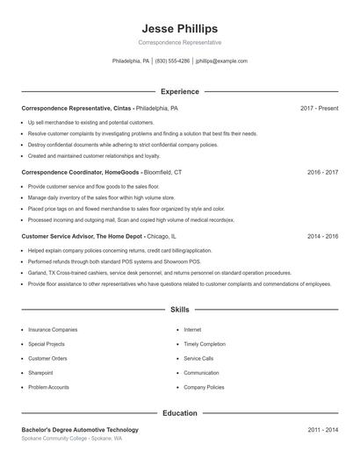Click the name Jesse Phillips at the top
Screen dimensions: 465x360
click(x=179, y=28)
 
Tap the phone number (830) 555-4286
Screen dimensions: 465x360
click(x=173, y=61)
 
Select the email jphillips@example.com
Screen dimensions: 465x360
click(x=221, y=61)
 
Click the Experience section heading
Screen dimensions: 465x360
click(x=180, y=91)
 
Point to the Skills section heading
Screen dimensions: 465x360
click(x=180, y=310)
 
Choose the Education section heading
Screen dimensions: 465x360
click(x=180, y=412)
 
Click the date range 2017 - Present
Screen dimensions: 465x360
click(x=319, y=108)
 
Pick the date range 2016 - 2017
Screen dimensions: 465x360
click(x=322, y=173)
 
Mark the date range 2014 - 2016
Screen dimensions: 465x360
click(x=322, y=237)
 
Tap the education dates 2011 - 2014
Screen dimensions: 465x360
click(x=322, y=430)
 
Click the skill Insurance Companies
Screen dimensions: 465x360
click(x=53, y=330)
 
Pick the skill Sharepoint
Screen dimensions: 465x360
click(x=42, y=373)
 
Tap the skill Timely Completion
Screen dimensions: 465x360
click(x=205, y=344)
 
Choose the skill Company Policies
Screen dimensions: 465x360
click(x=204, y=387)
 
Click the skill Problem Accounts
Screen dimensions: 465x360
click(x=48, y=387)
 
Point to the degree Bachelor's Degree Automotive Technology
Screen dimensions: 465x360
click(x=80, y=430)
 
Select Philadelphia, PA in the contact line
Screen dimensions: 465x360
click(x=132, y=61)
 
